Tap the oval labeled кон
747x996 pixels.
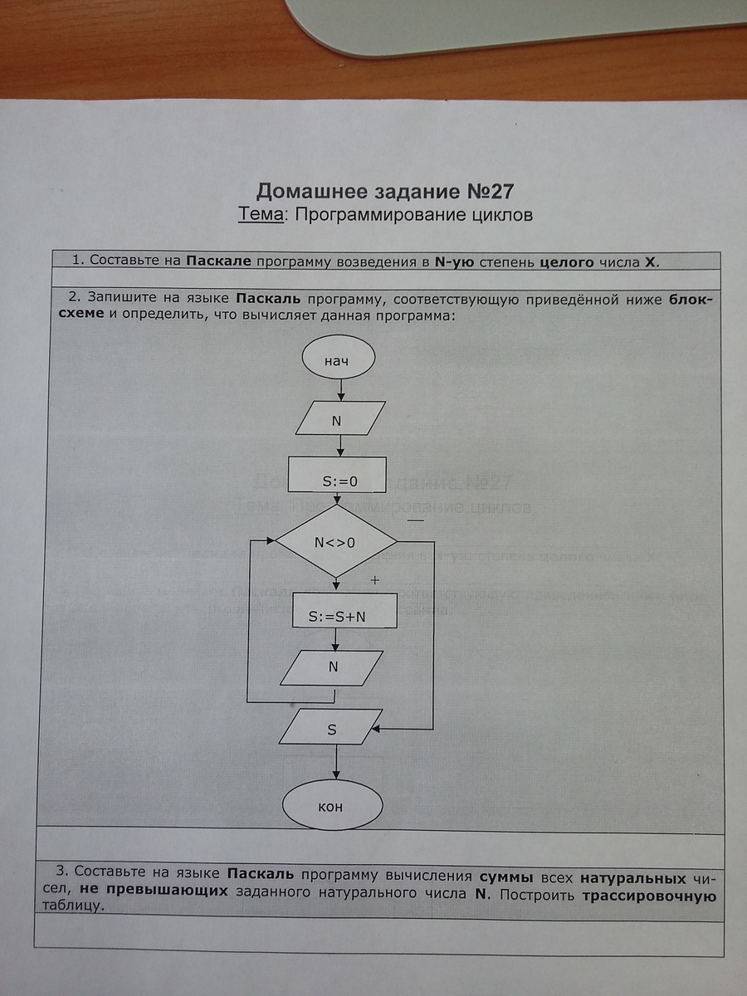[x=332, y=805]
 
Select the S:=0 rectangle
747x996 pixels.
[x=337, y=475]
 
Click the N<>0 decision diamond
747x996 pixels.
[x=336, y=541]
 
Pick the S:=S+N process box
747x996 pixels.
[x=344, y=610]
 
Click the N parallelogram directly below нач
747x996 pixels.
[x=340, y=418]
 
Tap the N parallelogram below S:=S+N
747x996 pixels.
[x=331, y=668]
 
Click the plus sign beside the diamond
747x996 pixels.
[x=374, y=580]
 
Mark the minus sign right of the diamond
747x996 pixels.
[x=416, y=520]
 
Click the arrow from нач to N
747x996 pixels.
[x=341, y=390]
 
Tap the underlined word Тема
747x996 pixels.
[x=261, y=214]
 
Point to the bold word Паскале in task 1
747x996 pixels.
[x=218, y=261]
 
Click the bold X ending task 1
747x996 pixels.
[x=651, y=262]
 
